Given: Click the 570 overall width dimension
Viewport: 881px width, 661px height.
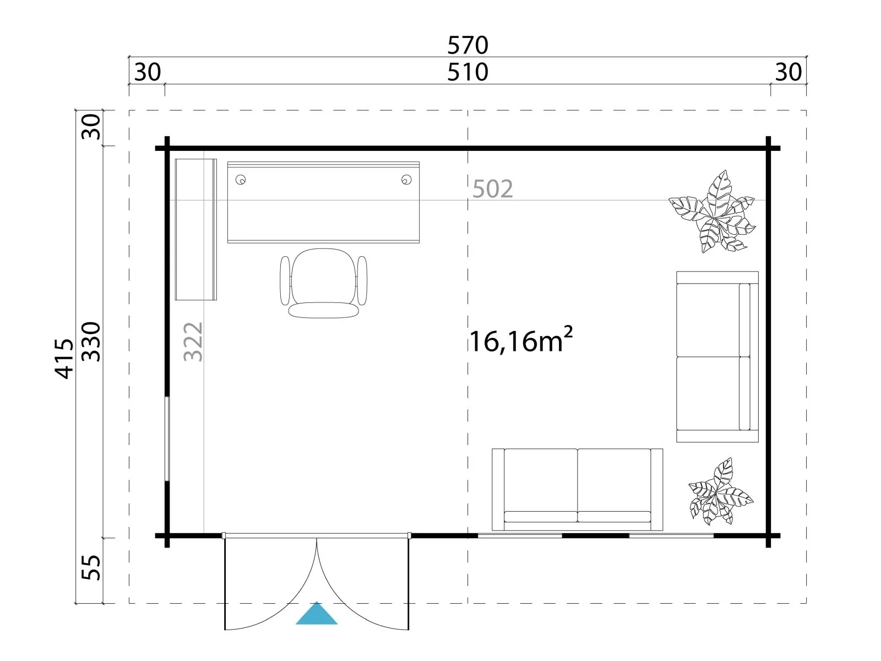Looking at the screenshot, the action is point(467,45).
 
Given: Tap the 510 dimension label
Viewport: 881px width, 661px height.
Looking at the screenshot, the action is point(467,72).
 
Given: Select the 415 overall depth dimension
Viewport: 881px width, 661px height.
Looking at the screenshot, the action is point(64,359).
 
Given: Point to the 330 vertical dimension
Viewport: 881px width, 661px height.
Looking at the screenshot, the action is point(91,342).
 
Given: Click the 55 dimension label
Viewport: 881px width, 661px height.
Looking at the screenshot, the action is point(91,567).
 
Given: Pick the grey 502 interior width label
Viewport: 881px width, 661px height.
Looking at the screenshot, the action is point(492,189).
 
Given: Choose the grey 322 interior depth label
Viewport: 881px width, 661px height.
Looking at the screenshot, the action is point(193,342).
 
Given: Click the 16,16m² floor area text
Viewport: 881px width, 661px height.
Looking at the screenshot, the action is point(520,341).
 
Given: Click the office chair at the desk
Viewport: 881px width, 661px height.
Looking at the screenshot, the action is point(324,283).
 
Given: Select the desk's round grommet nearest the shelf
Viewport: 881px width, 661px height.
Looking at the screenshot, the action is point(241,180).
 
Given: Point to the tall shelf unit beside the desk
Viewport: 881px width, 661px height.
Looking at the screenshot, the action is point(196,229).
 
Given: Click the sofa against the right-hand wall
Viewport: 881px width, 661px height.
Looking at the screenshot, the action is point(717,357).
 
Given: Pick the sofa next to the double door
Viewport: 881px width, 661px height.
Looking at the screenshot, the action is point(577,490).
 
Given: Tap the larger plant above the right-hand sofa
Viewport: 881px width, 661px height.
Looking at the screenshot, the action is point(712,212).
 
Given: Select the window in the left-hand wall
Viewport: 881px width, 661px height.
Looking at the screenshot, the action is point(168,438).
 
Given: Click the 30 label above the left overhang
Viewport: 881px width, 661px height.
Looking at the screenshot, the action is point(148,72).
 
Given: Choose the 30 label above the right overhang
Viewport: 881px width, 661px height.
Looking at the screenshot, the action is point(788,72).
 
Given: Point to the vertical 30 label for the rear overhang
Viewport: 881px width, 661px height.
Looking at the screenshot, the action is point(91,127).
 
